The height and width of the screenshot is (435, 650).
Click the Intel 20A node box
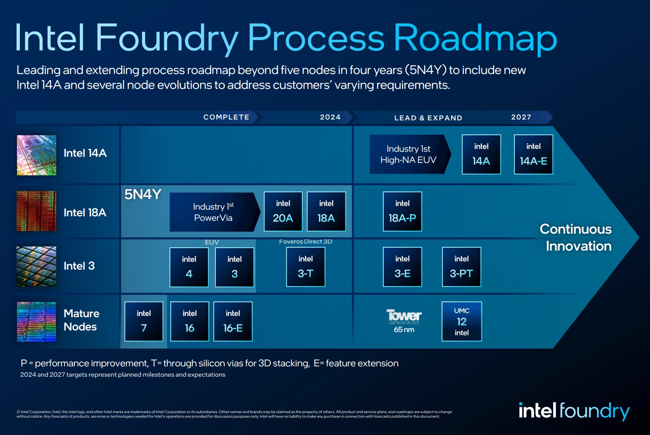(x=283, y=211)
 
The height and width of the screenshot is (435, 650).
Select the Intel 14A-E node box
(x=533, y=154)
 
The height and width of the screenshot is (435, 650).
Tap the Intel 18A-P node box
(x=402, y=211)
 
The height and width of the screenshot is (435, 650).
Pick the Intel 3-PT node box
(x=461, y=267)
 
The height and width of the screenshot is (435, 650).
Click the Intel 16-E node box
(x=233, y=321)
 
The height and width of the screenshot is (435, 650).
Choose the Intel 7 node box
(x=144, y=321)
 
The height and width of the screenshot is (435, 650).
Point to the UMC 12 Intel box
(x=461, y=321)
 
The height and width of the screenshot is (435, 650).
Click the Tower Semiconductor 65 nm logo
(x=404, y=321)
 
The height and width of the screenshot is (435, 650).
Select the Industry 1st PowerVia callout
(x=213, y=212)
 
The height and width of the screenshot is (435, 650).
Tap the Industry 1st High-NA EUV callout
(x=409, y=154)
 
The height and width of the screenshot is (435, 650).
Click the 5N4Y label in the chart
(x=143, y=194)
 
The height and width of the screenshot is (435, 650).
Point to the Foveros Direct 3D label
(x=306, y=241)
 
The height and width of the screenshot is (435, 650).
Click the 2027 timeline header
(x=521, y=117)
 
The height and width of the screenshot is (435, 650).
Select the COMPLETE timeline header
(x=226, y=117)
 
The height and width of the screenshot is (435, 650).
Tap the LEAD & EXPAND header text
(x=428, y=118)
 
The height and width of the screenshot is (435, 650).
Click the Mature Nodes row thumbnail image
(x=36, y=321)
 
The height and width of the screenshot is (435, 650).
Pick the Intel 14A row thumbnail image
(x=36, y=155)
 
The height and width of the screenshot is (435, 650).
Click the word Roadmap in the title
(x=475, y=38)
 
